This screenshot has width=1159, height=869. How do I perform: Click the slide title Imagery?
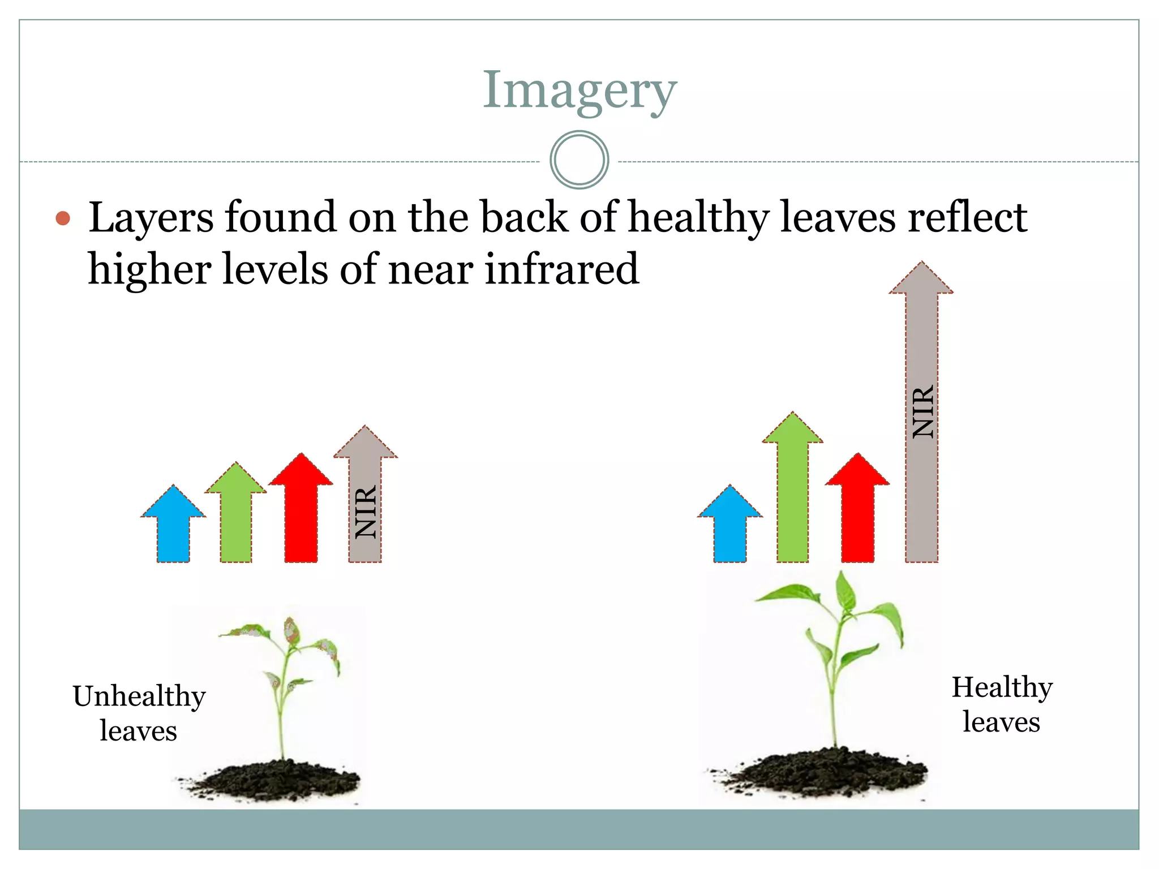tap(579, 91)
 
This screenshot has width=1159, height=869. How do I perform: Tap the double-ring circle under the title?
tap(579, 160)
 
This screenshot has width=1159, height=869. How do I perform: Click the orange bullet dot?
tap(63, 218)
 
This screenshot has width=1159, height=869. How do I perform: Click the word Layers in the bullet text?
tap(151, 218)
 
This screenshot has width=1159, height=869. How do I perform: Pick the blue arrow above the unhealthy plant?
tap(173, 526)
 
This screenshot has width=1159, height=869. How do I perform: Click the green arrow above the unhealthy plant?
tap(235, 518)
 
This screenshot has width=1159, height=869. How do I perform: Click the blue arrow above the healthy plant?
tap(730, 526)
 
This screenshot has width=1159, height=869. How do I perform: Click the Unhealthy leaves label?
tap(139, 713)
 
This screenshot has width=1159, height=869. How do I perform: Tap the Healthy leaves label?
tap(1002, 704)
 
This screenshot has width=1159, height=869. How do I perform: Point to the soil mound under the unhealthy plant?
tap(272, 781)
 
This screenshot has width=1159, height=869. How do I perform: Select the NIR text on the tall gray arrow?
tap(922, 411)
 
